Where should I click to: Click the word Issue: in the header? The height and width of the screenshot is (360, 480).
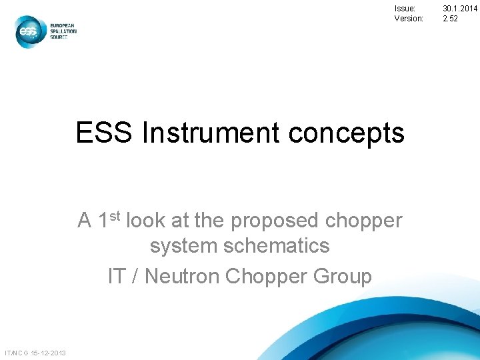click(405, 9)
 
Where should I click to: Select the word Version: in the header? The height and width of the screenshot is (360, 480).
click(409, 19)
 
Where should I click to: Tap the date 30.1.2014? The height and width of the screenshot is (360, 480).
click(460, 9)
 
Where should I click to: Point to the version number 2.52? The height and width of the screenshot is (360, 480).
click(450, 19)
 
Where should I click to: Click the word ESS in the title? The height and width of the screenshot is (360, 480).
click(105, 133)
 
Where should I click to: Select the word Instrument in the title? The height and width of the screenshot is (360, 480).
click(211, 133)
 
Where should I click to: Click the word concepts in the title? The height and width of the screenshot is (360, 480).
click(346, 133)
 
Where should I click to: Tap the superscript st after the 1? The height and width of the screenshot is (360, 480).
click(116, 215)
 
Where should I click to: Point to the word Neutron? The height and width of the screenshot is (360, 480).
click(185, 275)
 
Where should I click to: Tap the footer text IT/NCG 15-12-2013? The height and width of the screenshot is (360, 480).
click(35, 352)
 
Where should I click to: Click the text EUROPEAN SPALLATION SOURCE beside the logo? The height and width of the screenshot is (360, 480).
click(63, 31)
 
